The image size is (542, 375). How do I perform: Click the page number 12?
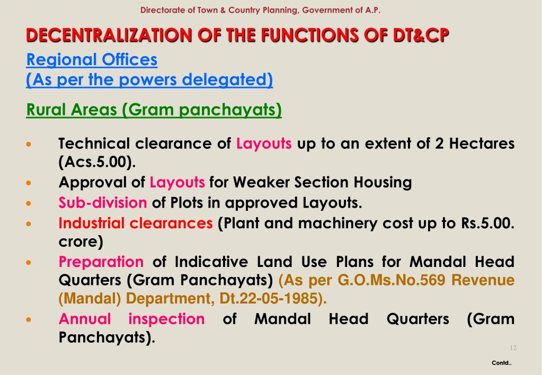point(512,348)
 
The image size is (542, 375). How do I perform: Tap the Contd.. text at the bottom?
point(501,363)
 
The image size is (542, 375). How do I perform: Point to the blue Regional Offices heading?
point(92,60)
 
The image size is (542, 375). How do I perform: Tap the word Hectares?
point(482,144)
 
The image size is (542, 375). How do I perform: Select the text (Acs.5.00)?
point(94,162)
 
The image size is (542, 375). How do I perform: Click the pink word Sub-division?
point(103,202)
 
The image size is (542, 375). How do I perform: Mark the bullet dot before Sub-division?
point(30,203)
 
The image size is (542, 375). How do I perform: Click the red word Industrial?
point(92,222)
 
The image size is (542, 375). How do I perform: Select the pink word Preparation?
point(101,262)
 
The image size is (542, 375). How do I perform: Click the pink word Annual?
point(85,319)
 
